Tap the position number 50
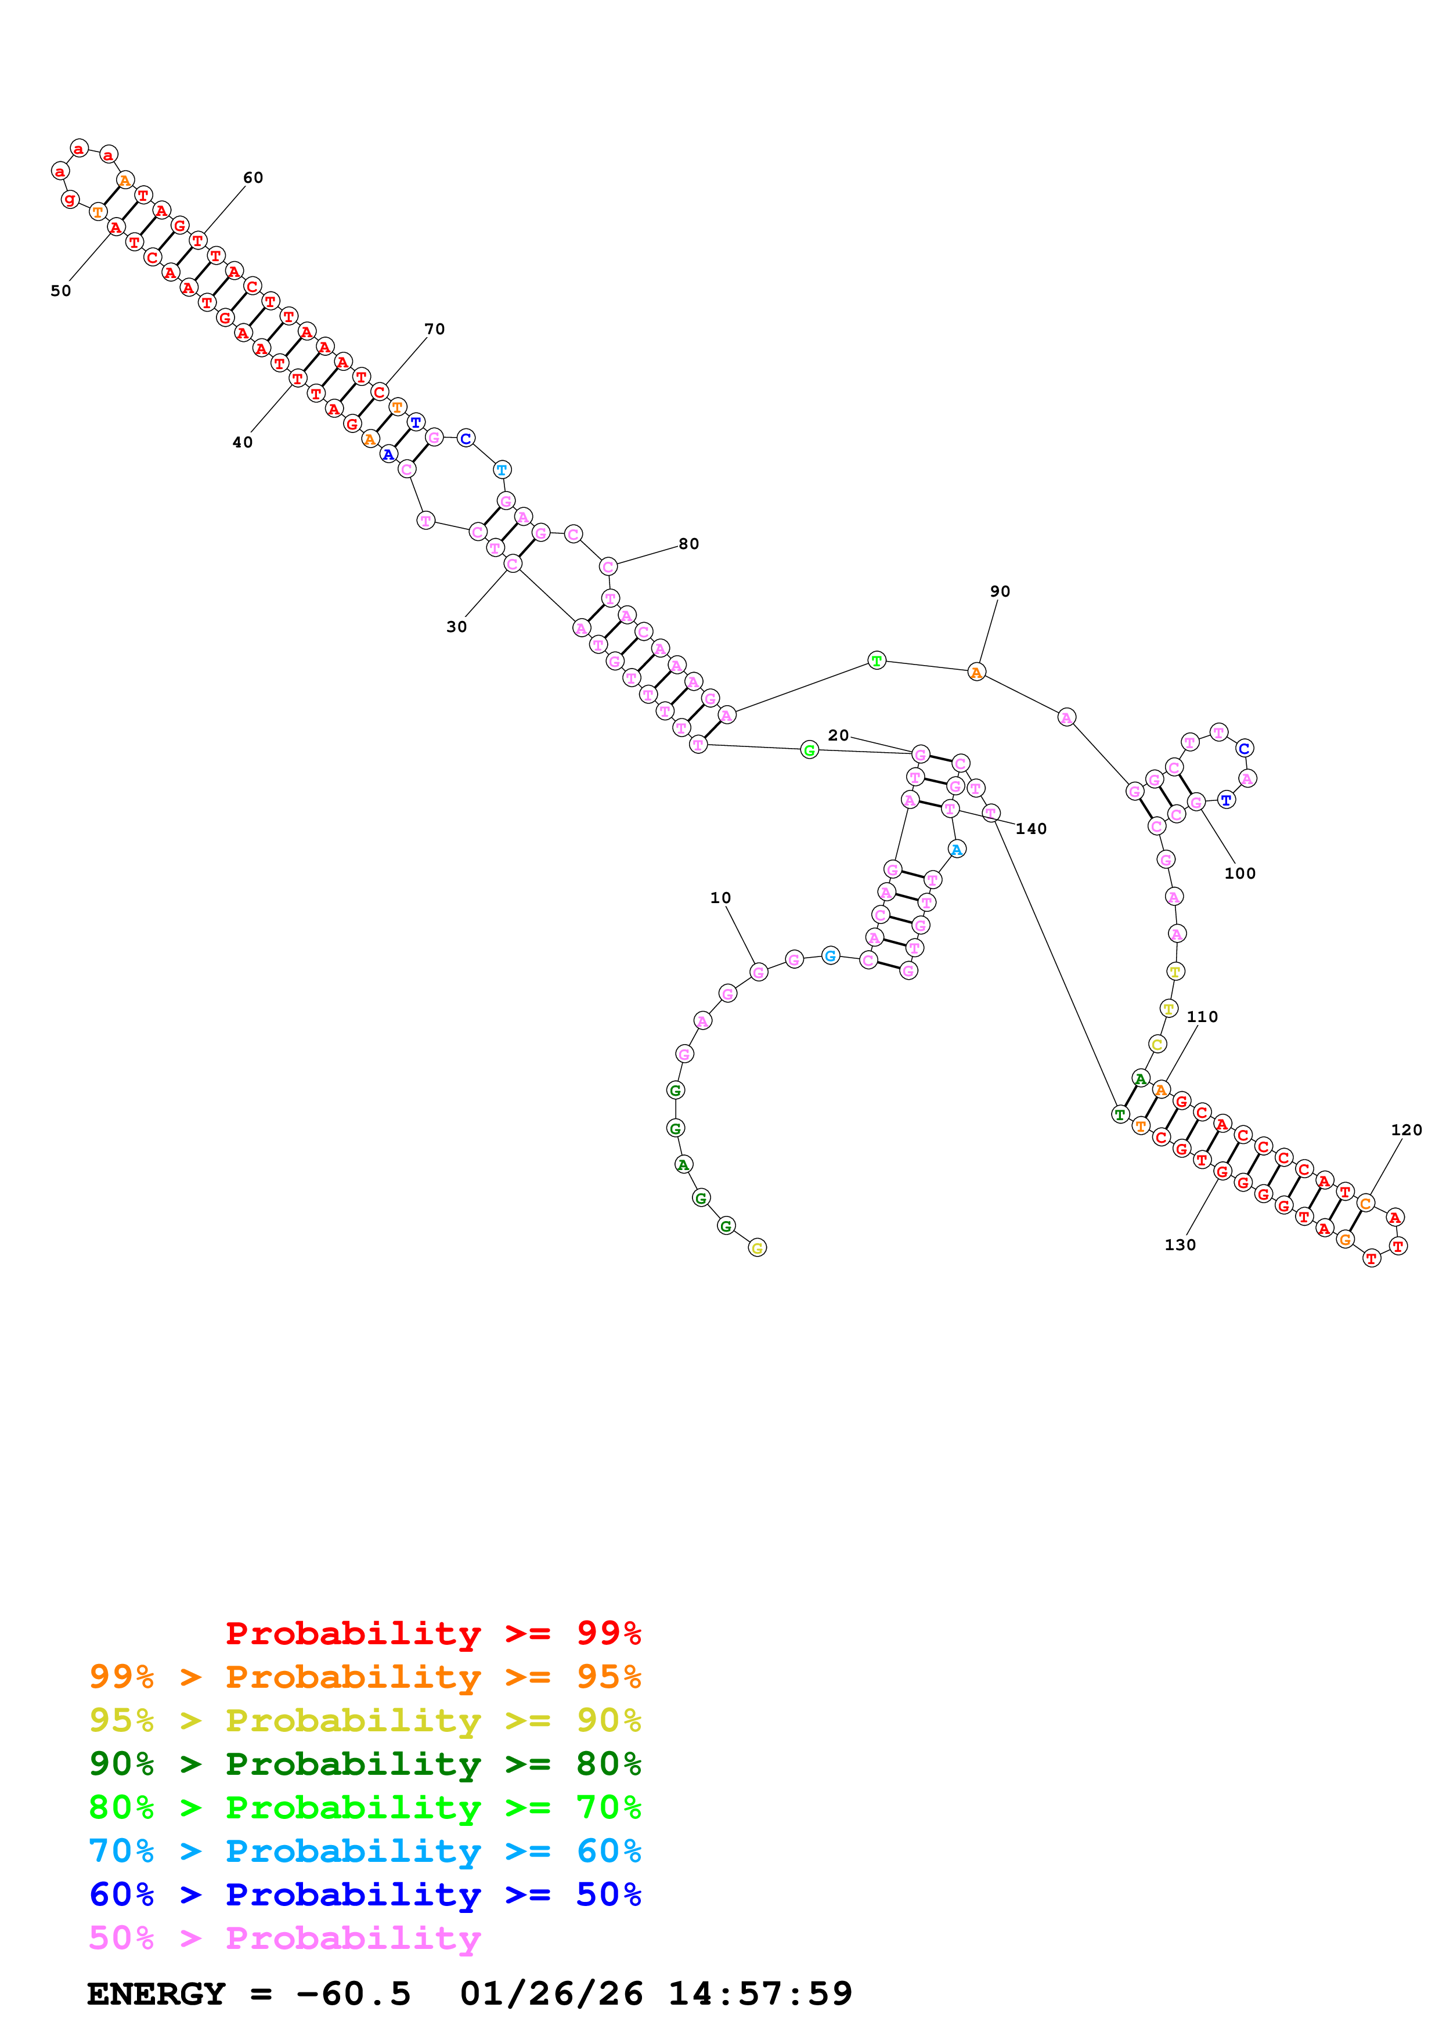60,291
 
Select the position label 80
689,544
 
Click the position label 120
1406,1130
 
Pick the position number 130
1180,1245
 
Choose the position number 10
721,898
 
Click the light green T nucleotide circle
877,660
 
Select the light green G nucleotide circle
810,750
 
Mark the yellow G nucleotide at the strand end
757,1248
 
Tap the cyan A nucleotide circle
957,850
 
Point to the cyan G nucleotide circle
830,955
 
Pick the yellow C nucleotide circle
1157,1045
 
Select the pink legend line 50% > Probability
284,1938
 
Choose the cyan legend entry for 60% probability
365,1851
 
